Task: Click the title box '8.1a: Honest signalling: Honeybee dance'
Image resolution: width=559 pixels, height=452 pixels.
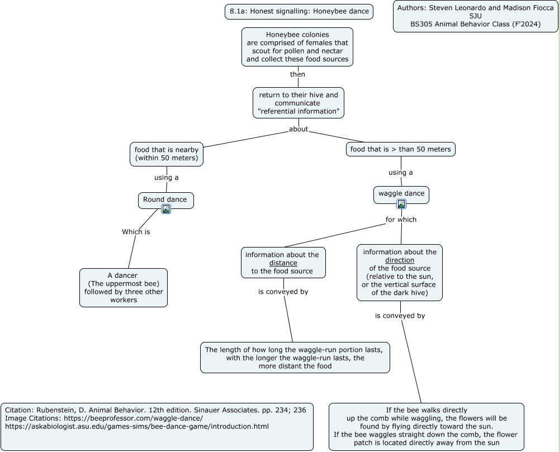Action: pyautogui.click(x=299, y=11)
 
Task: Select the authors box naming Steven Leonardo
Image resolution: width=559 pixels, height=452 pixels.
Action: pyautogui.click(x=476, y=16)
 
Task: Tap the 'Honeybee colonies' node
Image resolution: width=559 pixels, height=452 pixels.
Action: pyautogui.click(x=297, y=47)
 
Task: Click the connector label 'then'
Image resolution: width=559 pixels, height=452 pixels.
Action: pyautogui.click(x=297, y=74)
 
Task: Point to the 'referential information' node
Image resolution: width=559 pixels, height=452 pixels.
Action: pyautogui.click(x=299, y=103)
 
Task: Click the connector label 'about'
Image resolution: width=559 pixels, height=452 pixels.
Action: pyautogui.click(x=299, y=129)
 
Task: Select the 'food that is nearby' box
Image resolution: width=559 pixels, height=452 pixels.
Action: pyautogui.click(x=167, y=154)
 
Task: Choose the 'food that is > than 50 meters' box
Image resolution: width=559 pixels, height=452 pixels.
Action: pyautogui.click(x=401, y=149)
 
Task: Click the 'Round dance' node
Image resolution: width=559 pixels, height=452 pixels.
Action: pyautogui.click(x=166, y=201)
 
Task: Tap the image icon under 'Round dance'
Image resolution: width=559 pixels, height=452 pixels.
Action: pyautogui.click(x=166, y=209)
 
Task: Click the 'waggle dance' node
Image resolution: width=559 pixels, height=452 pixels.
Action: pyautogui.click(x=401, y=195)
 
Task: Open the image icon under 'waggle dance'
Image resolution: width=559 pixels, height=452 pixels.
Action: pyautogui.click(x=401, y=204)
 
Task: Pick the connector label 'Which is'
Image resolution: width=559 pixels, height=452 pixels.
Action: pyautogui.click(x=136, y=232)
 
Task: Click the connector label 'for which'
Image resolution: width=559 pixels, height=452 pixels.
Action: pyautogui.click(x=401, y=220)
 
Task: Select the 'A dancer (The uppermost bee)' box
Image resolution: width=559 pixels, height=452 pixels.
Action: pyautogui.click(x=124, y=288)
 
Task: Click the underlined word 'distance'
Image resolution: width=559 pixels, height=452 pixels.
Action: pyautogui.click(x=283, y=263)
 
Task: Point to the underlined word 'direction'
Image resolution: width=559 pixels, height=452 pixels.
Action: pyautogui.click(x=400, y=260)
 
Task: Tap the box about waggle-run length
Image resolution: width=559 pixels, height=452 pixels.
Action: pyautogui.click(x=295, y=358)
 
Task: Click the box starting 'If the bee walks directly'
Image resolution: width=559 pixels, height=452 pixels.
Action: pyautogui.click(x=427, y=427)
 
